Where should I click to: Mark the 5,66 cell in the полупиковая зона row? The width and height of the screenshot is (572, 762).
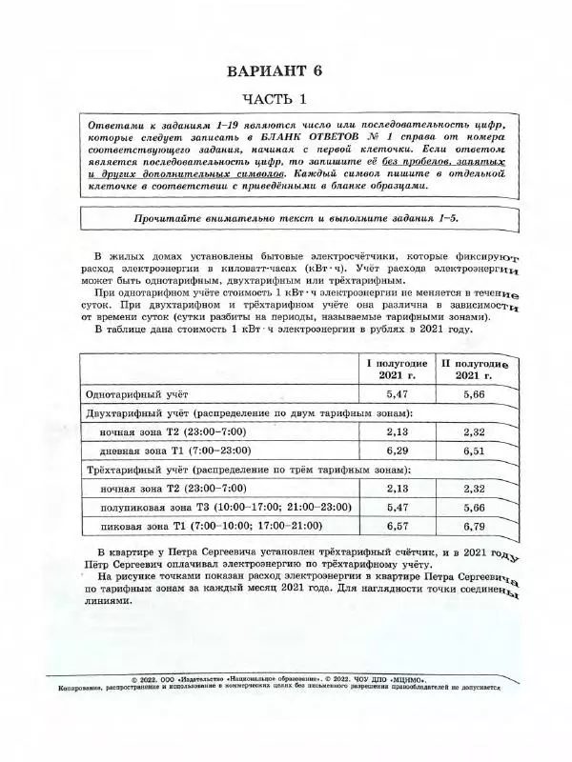[x=474, y=507]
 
